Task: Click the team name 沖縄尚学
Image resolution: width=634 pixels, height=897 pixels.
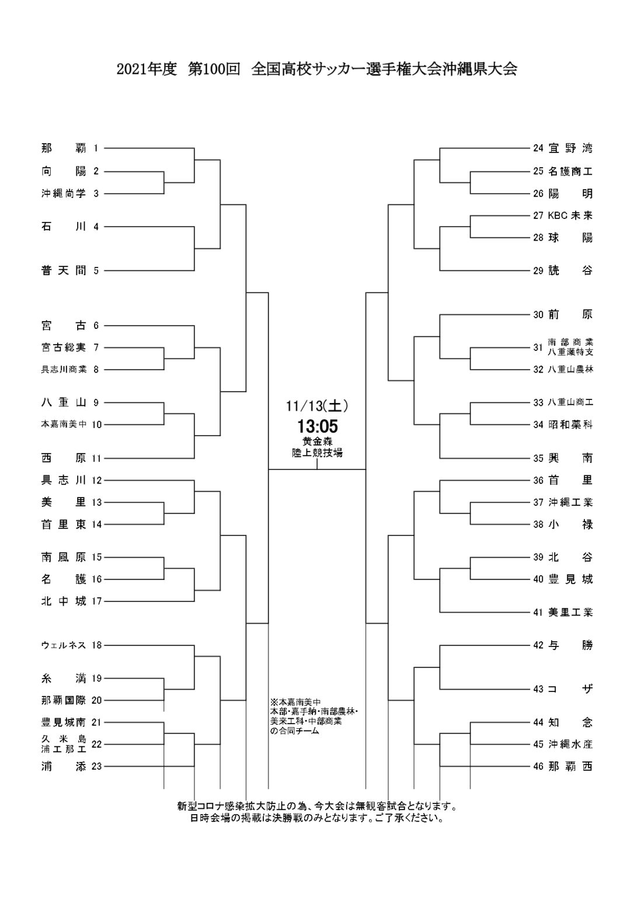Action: point(64,194)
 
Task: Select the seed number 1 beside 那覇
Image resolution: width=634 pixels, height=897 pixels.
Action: point(96,148)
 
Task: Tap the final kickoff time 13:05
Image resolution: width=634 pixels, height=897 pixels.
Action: point(318,426)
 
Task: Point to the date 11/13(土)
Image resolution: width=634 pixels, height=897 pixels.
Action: point(318,405)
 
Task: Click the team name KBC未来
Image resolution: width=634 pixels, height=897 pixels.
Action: point(570,215)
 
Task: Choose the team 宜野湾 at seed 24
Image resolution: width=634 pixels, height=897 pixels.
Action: point(570,148)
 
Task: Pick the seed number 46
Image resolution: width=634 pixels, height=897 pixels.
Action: point(538,767)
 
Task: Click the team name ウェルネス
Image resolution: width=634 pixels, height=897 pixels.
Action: point(64,645)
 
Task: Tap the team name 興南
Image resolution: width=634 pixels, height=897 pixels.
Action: point(570,458)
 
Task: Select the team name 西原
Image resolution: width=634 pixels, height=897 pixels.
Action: point(64,458)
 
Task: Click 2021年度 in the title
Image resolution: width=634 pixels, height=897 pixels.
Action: point(147,69)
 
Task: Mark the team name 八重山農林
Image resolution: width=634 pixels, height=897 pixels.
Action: point(570,370)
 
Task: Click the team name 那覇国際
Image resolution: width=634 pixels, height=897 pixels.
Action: point(64,700)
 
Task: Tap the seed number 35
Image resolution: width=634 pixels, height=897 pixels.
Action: point(538,458)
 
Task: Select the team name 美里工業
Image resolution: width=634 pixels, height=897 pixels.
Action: point(570,613)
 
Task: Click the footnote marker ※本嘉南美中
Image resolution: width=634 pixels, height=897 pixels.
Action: point(296,702)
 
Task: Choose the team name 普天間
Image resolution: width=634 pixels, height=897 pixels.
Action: point(64,270)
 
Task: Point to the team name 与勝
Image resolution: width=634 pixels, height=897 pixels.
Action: point(570,645)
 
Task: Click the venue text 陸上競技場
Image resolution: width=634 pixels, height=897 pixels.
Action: point(318,452)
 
